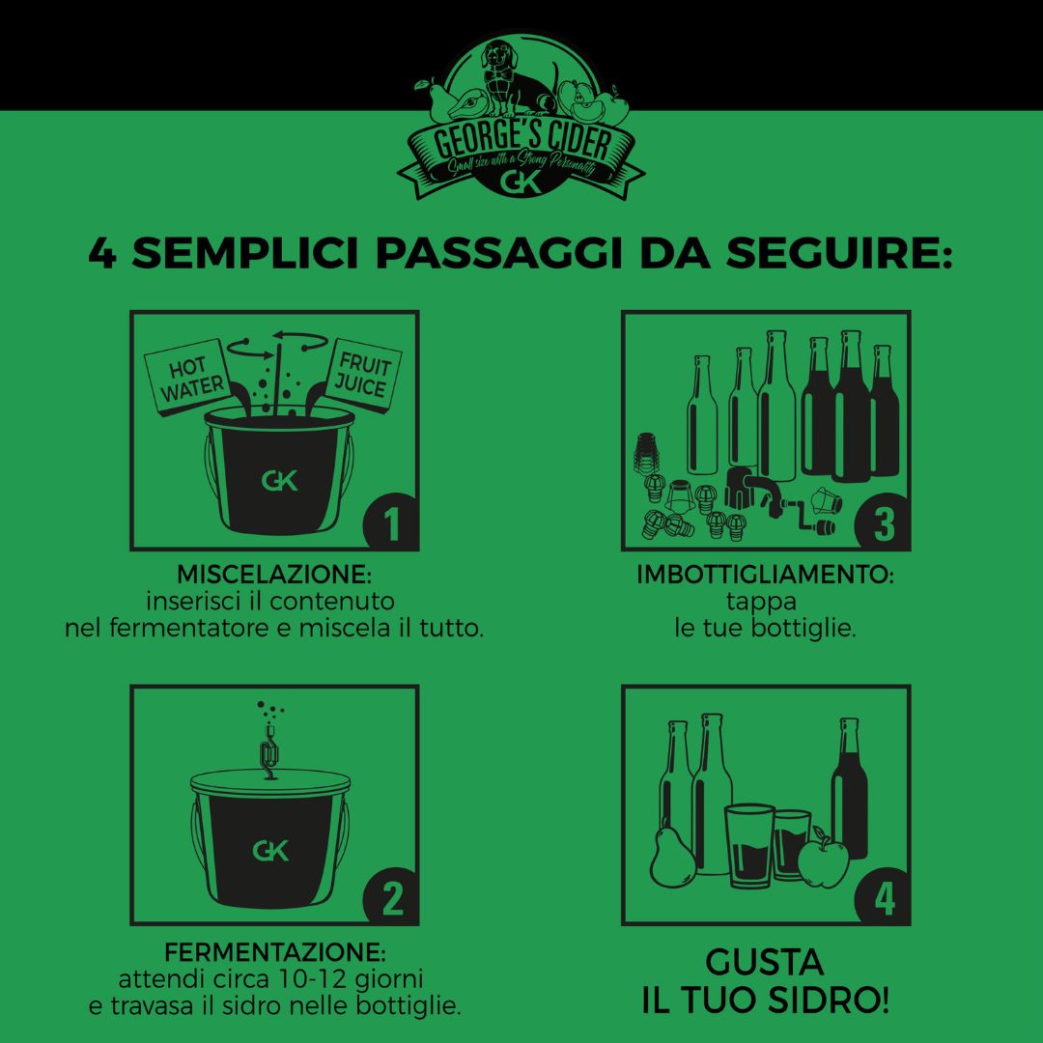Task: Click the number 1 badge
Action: coord(391,524)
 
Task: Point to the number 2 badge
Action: coord(391,898)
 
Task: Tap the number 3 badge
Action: coord(883,524)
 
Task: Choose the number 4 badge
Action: coord(883,898)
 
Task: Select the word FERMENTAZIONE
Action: coord(274,950)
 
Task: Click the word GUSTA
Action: coord(765,962)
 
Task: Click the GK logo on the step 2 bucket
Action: coord(271,851)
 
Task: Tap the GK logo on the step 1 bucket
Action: coord(279,480)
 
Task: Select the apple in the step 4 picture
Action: coord(823,859)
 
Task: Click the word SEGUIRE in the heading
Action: coord(840,254)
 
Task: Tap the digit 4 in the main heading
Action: coord(102,254)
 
